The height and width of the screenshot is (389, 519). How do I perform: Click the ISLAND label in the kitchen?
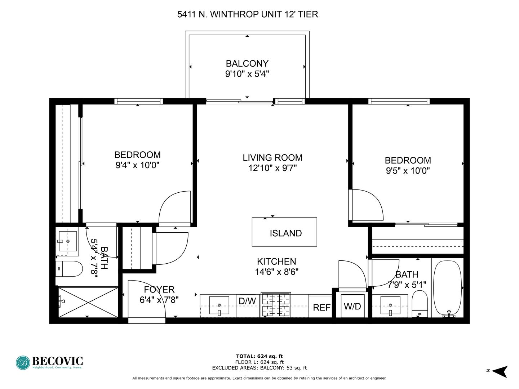point(285,233)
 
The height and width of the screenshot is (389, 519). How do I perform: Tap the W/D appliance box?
point(352,306)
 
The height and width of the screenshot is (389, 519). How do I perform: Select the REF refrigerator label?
point(321,308)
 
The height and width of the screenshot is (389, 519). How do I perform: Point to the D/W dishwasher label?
point(247,301)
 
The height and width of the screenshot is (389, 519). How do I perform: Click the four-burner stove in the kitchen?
point(276,305)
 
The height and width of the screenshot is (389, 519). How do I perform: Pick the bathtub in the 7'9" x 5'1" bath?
point(447,289)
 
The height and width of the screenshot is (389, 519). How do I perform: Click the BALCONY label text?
point(247,63)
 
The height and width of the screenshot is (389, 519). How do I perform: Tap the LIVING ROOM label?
point(272,158)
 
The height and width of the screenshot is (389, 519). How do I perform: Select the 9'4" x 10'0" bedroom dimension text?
point(137,165)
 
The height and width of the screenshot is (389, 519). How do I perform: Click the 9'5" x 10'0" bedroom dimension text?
point(408,170)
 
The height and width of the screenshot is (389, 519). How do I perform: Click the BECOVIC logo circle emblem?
point(23,363)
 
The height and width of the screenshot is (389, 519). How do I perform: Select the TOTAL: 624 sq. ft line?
point(259,356)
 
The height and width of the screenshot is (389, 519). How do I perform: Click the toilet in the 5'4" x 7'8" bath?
point(69,269)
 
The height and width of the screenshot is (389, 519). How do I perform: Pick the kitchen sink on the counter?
point(219,305)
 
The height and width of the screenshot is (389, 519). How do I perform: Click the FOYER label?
point(159,290)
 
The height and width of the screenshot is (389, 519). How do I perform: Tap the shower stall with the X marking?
point(88,302)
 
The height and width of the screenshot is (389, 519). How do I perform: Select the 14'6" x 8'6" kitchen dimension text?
point(277,272)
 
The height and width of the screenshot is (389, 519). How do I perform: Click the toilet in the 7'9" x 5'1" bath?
point(420,304)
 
